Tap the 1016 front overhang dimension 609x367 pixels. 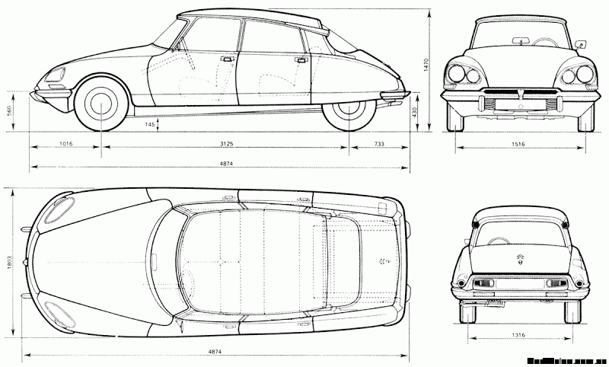65,143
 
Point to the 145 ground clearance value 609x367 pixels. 150,123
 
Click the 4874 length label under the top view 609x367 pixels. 215,351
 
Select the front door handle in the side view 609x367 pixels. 225,58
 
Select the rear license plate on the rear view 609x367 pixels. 518,286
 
